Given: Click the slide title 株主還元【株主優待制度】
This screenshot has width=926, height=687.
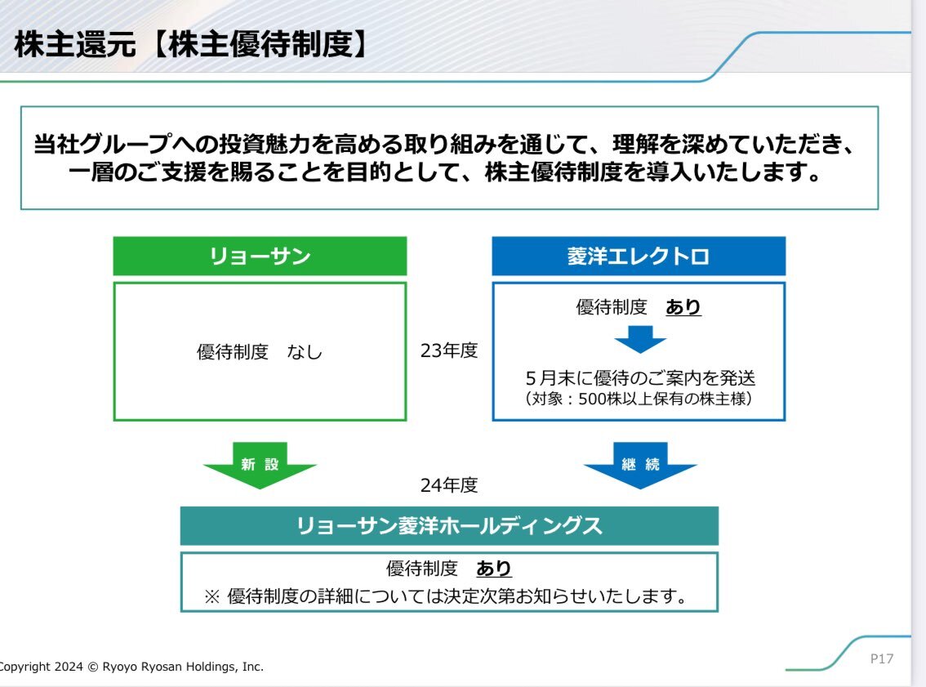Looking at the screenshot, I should point(189,45).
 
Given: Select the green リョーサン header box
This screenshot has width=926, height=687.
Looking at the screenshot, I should point(260,257).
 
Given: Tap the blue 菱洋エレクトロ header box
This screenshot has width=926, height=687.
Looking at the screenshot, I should point(638,257).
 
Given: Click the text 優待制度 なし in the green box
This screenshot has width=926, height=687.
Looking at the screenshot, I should point(260,352).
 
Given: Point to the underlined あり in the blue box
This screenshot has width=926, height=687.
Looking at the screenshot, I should point(683,307).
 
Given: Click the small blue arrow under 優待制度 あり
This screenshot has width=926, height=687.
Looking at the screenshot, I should point(639,338).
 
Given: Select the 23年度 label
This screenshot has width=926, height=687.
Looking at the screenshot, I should point(449,350).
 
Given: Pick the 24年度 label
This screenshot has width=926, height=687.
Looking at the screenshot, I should point(449,485).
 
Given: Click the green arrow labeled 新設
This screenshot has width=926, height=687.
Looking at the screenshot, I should point(260,466).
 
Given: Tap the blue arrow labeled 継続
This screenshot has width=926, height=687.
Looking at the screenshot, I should point(639,466).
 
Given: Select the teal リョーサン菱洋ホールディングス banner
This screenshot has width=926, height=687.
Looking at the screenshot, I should point(449,526).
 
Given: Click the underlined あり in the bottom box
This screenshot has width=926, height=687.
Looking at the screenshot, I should point(494,569).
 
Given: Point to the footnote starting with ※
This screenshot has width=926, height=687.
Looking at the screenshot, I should point(444,596).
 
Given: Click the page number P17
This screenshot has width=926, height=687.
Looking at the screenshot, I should point(881,658).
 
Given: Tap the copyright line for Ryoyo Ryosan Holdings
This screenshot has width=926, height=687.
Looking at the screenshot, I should point(131,667).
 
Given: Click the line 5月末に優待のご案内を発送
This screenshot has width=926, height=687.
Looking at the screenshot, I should point(639,379).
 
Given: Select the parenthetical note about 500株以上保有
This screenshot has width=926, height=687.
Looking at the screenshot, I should point(639,399).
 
